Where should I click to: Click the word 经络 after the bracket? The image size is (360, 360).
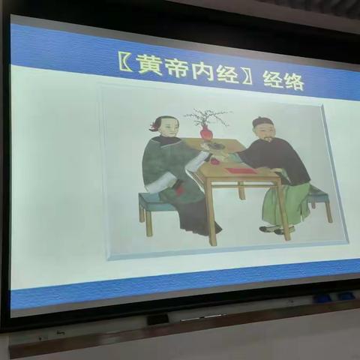[283, 80]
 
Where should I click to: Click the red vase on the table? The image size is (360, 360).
[205, 133]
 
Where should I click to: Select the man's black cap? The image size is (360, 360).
[260, 121]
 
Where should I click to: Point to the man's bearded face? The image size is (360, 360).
[264, 133]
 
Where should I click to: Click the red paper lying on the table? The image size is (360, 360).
[241, 170]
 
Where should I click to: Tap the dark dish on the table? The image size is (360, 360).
[215, 145]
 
